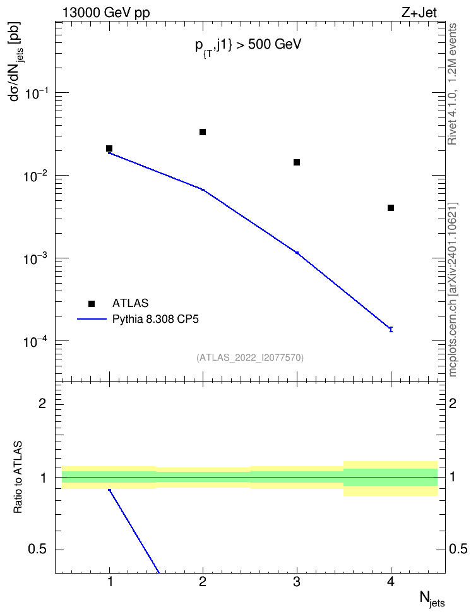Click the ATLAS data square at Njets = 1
coord(109,148)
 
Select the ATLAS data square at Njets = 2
coord(203,132)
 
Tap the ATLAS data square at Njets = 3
coord(297,162)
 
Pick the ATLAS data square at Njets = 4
coord(391,208)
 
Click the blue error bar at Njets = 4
coord(391,329)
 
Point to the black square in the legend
coord(92,303)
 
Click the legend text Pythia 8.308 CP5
coord(155,320)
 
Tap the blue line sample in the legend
coord(92,320)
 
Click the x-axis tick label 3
coord(297,582)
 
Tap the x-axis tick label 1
coord(110,582)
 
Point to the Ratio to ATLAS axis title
coord(18,478)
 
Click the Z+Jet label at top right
coord(419,13)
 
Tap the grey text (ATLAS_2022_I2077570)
coord(250,358)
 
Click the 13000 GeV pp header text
coord(106,13)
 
